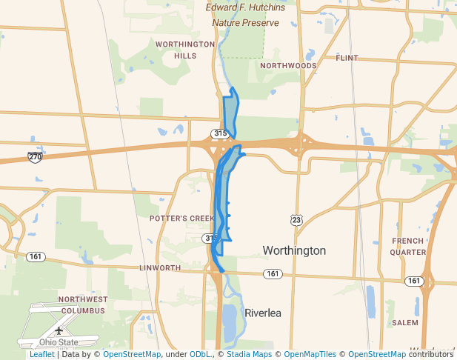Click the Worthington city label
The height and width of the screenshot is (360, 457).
coord(294,251)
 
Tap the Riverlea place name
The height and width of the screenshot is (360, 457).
coord(263,313)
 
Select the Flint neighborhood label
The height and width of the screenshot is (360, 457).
coord(347,58)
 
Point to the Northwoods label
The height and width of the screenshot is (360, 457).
coord(288,66)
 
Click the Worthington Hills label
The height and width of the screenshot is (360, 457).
coord(185,50)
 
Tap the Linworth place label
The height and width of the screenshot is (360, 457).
coord(160,267)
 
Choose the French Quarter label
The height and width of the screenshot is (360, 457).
coord(408,246)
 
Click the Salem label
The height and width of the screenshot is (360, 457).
coord(405,323)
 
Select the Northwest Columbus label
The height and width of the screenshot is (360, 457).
coord(83,304)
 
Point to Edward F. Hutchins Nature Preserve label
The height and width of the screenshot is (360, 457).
coord(245,15)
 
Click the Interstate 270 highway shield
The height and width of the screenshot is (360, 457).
coord(35,157)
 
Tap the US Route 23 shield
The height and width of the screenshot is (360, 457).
coord(296,220)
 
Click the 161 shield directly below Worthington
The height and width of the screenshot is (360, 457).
coord(273,274)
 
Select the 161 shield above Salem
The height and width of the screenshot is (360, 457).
coord(413,281)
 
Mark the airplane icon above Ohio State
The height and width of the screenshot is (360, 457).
coord(59,330)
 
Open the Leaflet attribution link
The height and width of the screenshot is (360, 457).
coord(41,354)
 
